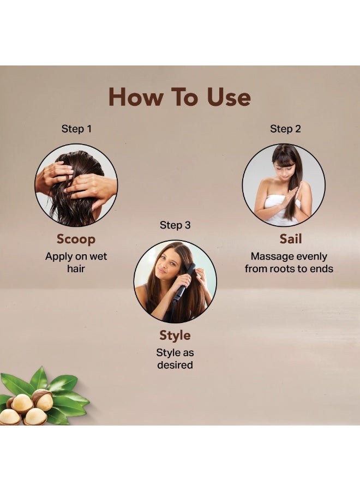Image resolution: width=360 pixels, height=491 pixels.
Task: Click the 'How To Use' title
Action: (x=179, y=97)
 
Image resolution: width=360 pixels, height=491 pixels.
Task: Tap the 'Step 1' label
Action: (x=76, y=129)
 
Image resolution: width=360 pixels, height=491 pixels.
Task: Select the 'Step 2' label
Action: (x=285, y=129)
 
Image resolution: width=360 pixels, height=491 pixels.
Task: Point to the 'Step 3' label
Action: (x=175, y=225)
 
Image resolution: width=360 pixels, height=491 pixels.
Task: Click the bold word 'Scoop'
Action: (x=76, y=239)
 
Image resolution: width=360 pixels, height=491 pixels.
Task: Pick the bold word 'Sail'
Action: (x=291, y=239)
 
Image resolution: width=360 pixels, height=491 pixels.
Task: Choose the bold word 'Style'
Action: (x=175, y=336)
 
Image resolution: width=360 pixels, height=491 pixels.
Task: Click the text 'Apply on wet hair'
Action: (x=76, y=262)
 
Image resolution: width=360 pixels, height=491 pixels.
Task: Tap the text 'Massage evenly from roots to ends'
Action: (x=289, y=262)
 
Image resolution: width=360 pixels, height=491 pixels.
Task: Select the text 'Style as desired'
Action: (x=175, y=358)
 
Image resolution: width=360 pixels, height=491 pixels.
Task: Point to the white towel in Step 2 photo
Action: (x=282, y=209)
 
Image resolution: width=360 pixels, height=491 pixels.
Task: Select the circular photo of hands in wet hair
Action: (x=76, y=185)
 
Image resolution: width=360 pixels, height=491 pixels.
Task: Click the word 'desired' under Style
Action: (x=175, y=365)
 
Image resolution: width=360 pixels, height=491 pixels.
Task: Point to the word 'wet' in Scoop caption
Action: (x=98, y=256)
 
